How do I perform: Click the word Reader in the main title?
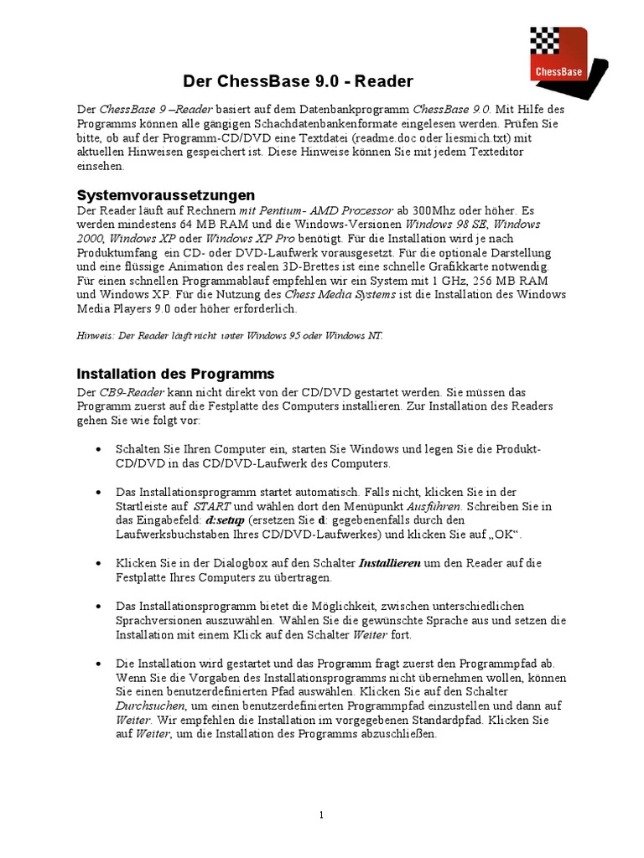click(385, 81)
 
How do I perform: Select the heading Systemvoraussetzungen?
click(153, 194)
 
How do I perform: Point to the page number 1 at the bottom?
click(321, 814)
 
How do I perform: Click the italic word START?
click(211, 507)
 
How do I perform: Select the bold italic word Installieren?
click(390, 564)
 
